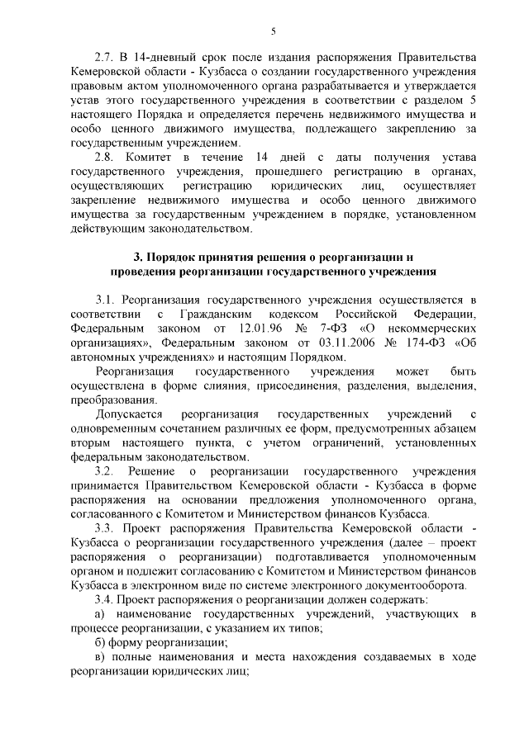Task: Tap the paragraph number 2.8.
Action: [x=106, y=157]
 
